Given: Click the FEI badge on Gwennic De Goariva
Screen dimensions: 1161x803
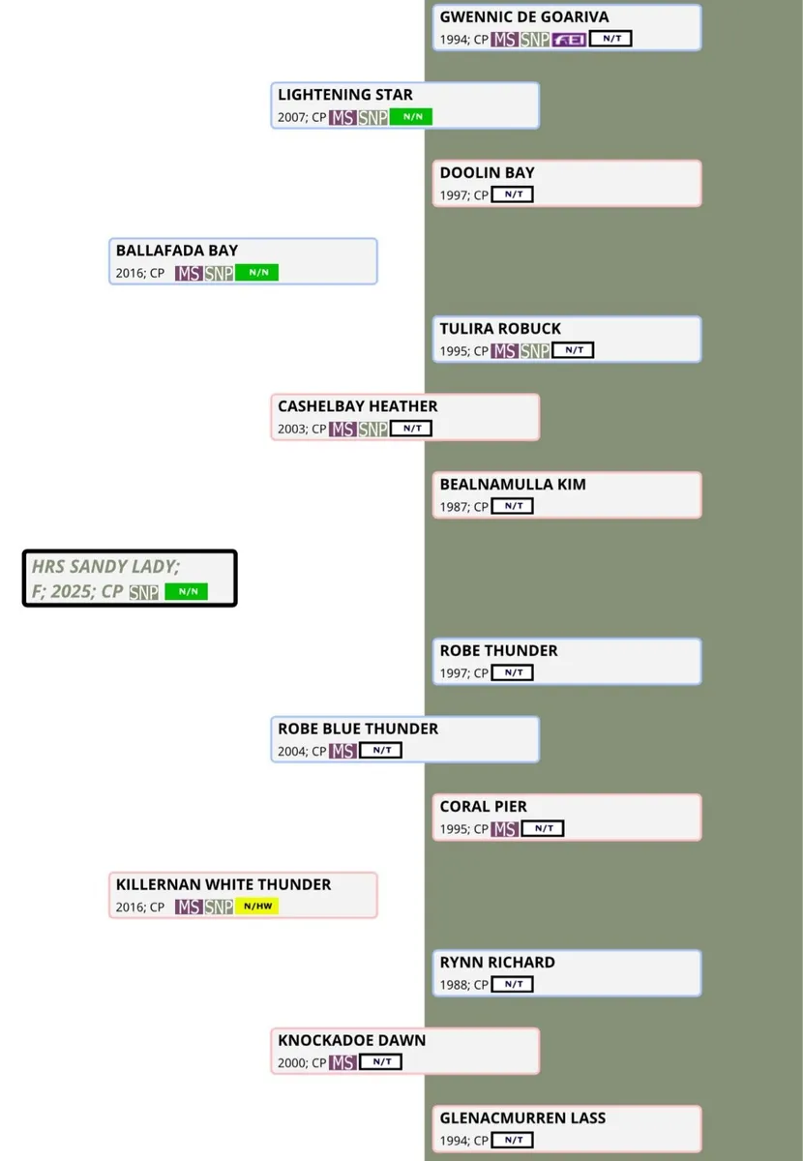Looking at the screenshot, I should [569, 40].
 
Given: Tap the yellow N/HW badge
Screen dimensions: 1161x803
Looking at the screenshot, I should [256, 907].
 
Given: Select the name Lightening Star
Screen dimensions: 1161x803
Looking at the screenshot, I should [345, 95].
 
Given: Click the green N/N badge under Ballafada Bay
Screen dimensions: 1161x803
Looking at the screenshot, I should [256, 273].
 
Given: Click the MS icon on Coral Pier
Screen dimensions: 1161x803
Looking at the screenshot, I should [504, 829].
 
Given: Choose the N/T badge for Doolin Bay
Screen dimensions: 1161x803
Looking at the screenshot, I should [512, 195].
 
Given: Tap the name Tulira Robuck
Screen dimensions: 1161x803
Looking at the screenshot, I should [500, 329].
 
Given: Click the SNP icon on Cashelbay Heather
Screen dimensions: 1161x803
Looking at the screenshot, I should [373, 429].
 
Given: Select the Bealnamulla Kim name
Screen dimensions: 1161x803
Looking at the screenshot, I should [513, 484].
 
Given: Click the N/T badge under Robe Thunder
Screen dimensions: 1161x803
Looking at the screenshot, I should [512, 672].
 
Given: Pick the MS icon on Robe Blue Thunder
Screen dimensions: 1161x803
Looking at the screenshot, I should [342, 751].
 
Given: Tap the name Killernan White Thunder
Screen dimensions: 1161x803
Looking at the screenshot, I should [223, 884].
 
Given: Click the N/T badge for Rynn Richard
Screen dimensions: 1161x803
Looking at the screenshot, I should [512, 985].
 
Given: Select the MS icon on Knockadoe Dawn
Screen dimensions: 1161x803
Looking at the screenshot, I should [342, 1062].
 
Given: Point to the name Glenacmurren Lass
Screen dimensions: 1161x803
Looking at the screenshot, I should [522, 1117].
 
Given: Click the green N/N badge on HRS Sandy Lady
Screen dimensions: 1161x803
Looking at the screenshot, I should [186, 592].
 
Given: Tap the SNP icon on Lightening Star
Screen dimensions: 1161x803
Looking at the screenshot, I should [373, 117].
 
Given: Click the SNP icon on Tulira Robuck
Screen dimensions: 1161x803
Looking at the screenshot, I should [535, 351].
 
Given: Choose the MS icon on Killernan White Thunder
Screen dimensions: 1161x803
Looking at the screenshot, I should [189, 907].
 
